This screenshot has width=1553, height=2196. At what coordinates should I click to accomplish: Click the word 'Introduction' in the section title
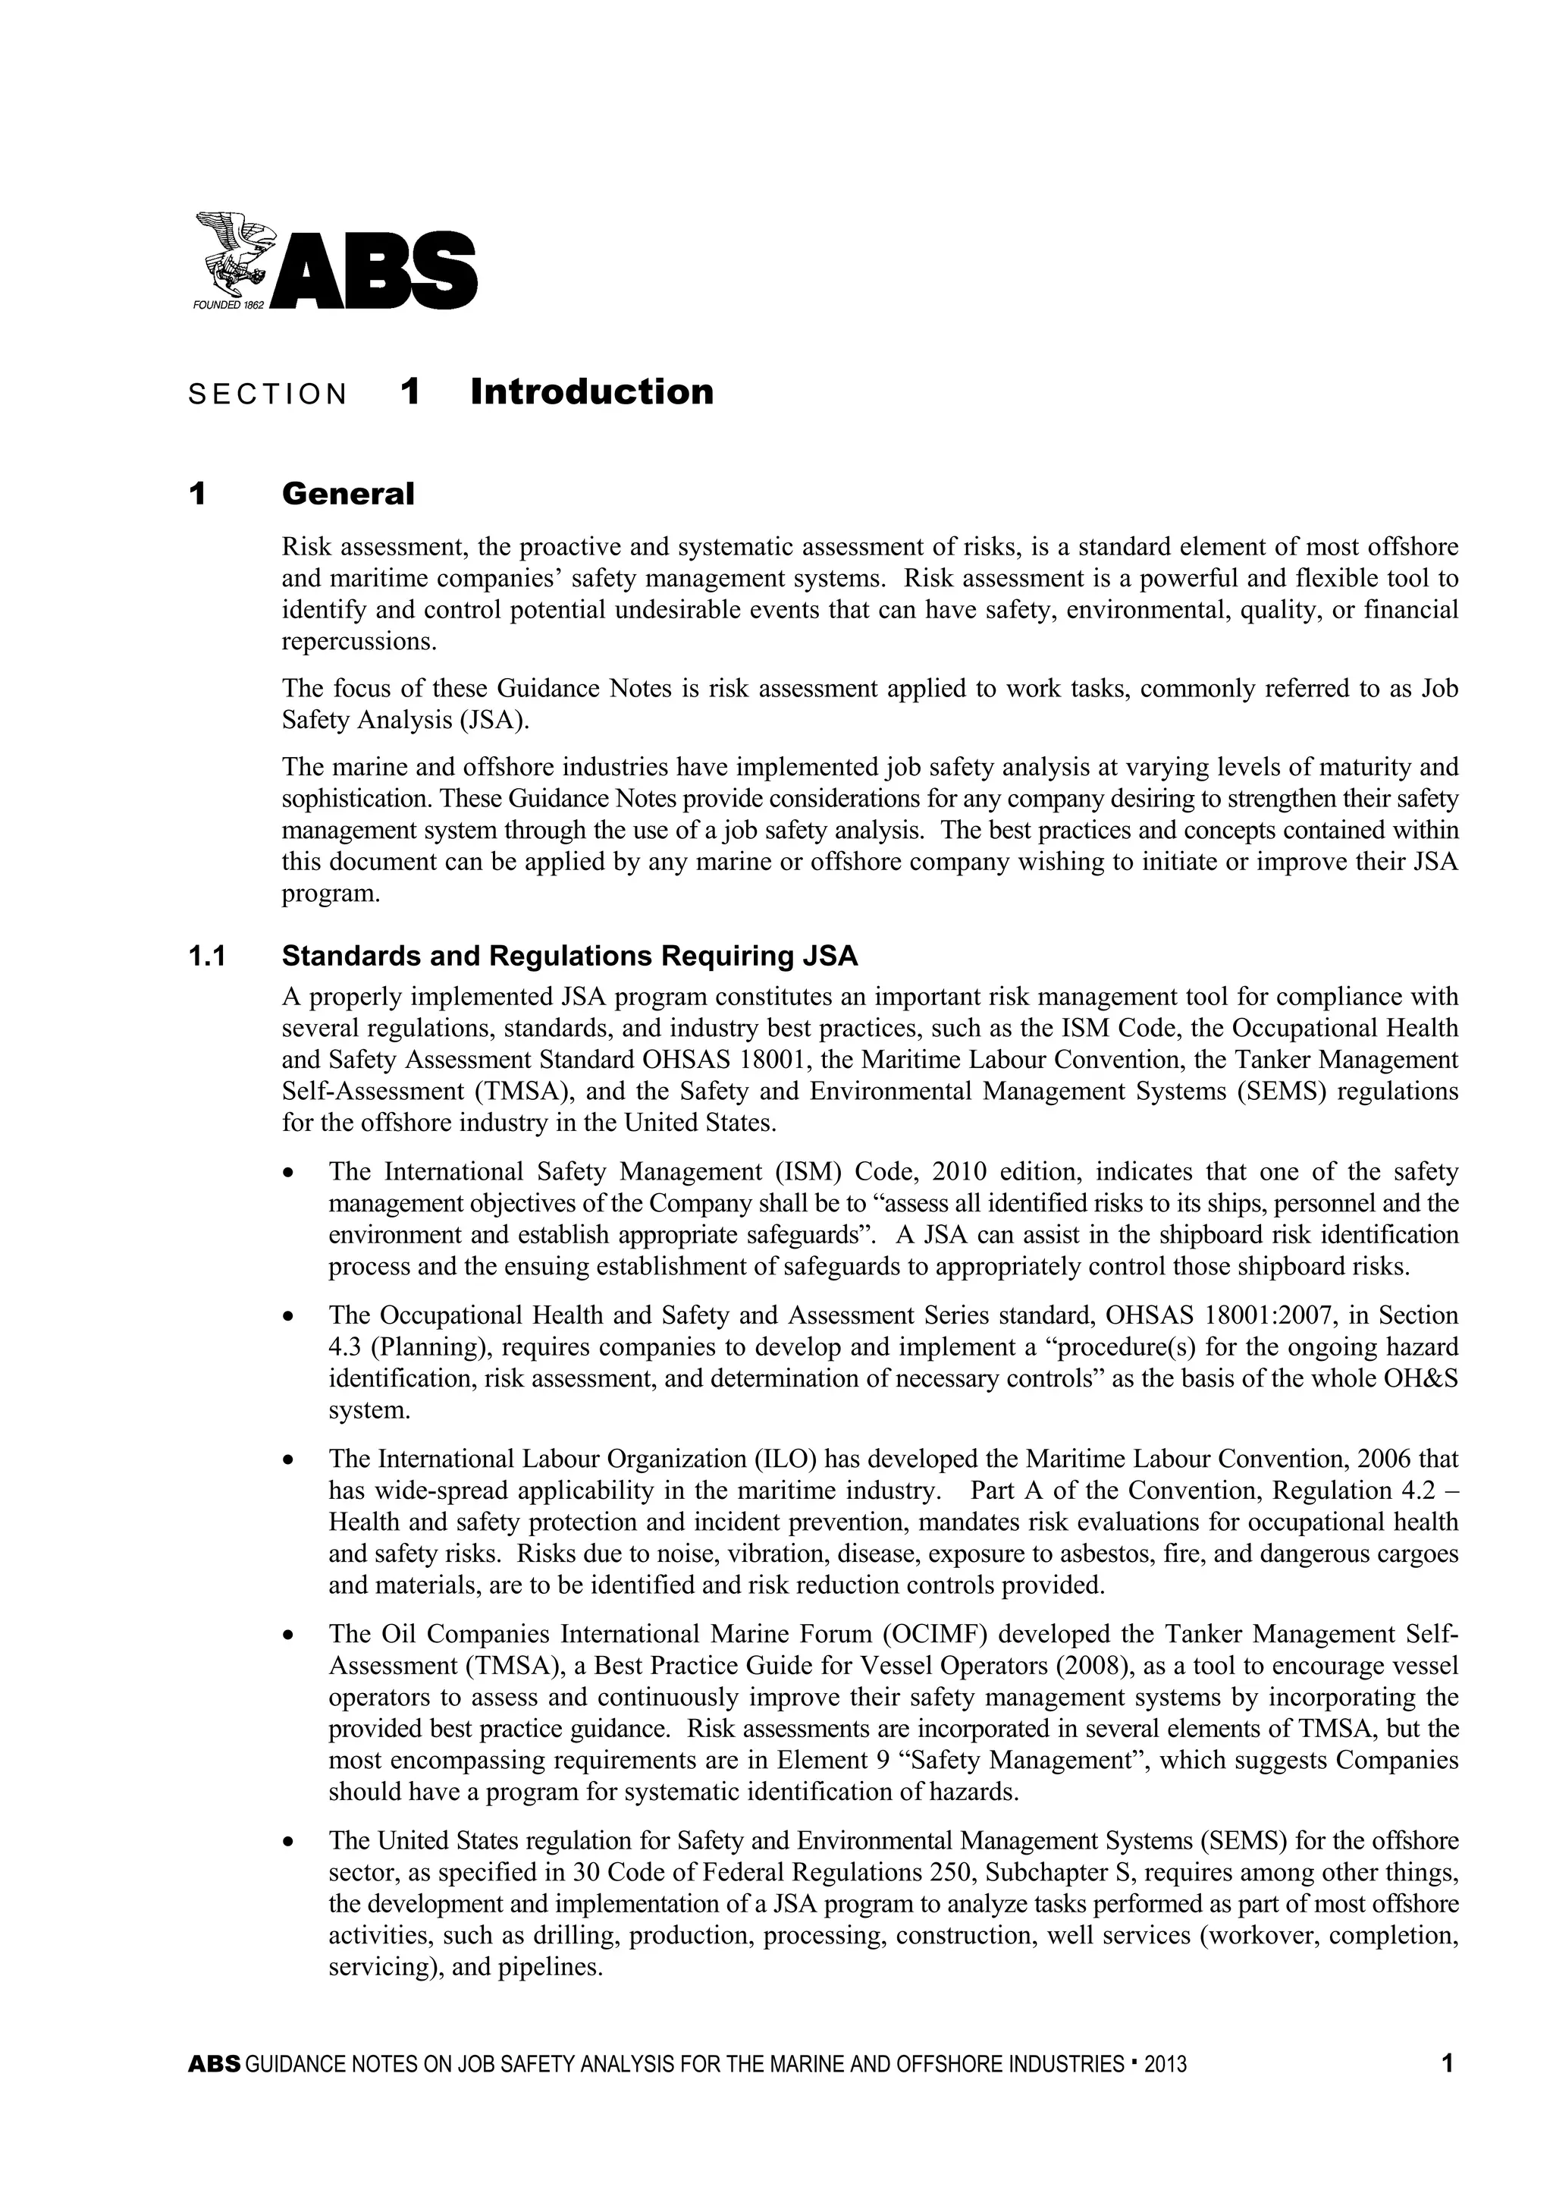tap(592, 392)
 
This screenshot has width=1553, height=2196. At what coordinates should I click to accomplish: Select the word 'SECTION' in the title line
tap(268, 395)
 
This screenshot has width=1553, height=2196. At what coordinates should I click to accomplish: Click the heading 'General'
tap(348, 495)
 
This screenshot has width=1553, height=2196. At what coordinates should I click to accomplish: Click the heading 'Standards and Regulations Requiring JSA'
tap(570, 957)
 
